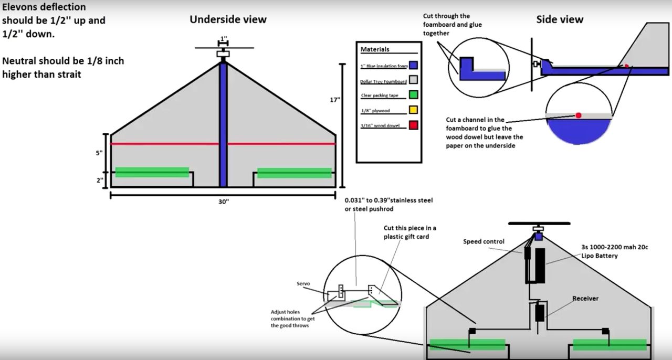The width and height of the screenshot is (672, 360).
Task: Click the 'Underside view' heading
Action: point(228,20)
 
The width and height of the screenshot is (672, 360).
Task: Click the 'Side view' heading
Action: point(559,20)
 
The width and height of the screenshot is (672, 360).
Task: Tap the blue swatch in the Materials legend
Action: point(413,66)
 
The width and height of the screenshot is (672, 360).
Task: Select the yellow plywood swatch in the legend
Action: point(413,111)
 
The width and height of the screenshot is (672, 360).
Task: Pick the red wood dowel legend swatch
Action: point(413,125)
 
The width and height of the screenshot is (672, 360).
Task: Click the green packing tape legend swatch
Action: point(413,95)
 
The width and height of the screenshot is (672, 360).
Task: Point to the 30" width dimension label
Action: point(223,202)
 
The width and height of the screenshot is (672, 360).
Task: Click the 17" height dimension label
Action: point(335,100)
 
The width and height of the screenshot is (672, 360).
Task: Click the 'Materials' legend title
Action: point(375,49)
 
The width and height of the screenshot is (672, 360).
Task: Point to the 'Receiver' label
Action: point(585,299)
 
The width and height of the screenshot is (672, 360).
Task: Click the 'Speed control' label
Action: point(484,242)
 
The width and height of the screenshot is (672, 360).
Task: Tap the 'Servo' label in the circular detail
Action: point(303,283)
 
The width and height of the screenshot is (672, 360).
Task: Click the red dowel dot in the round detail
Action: point(578,115)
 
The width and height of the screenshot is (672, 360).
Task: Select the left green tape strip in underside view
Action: point(152,172)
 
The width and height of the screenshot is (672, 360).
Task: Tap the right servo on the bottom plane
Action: point(605,331)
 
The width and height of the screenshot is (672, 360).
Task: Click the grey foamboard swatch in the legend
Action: point(413,80)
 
